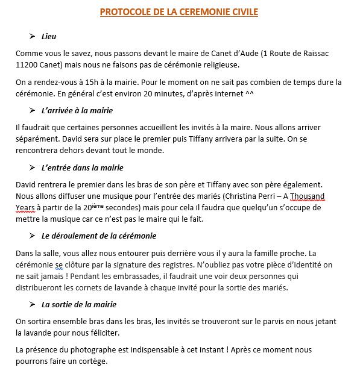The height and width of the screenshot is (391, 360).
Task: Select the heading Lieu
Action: [x=49, y=37]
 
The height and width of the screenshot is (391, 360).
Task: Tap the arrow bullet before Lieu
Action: [x=33, y=37]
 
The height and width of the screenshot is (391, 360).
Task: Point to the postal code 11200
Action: [x=27, y=64]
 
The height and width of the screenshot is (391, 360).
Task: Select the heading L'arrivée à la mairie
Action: [x=77, y=111]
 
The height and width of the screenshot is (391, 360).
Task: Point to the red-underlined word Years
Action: [x=26, y=207]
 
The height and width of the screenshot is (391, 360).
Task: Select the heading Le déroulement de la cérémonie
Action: [x=99, y=236]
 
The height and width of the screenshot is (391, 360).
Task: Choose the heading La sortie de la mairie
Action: [x=79, y=305]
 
